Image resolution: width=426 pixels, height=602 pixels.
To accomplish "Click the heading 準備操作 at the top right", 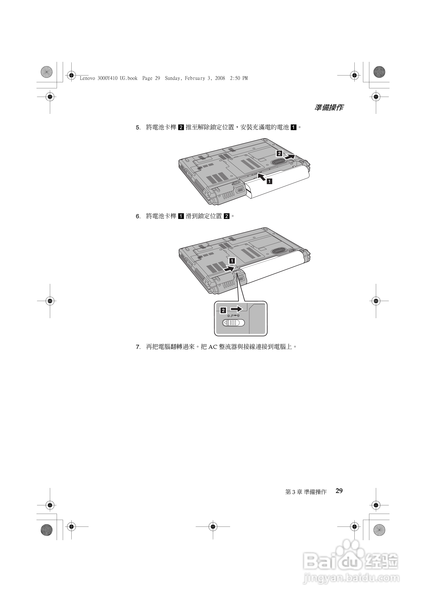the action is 329,107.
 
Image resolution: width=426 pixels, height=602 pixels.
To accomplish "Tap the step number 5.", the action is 138,128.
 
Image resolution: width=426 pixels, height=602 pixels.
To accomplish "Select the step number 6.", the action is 138,216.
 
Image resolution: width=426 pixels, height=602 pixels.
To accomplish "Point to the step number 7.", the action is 138,347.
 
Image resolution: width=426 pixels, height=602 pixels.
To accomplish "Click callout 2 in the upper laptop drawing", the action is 279,153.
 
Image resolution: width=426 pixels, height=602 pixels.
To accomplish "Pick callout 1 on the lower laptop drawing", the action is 232,261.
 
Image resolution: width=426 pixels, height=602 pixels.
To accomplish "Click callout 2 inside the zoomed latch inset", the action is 223,310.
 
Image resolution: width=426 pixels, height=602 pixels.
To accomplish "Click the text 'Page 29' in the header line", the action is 151,78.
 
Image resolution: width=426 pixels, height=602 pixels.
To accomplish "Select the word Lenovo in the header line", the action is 87,78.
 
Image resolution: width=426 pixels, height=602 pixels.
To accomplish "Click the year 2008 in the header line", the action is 220,78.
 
